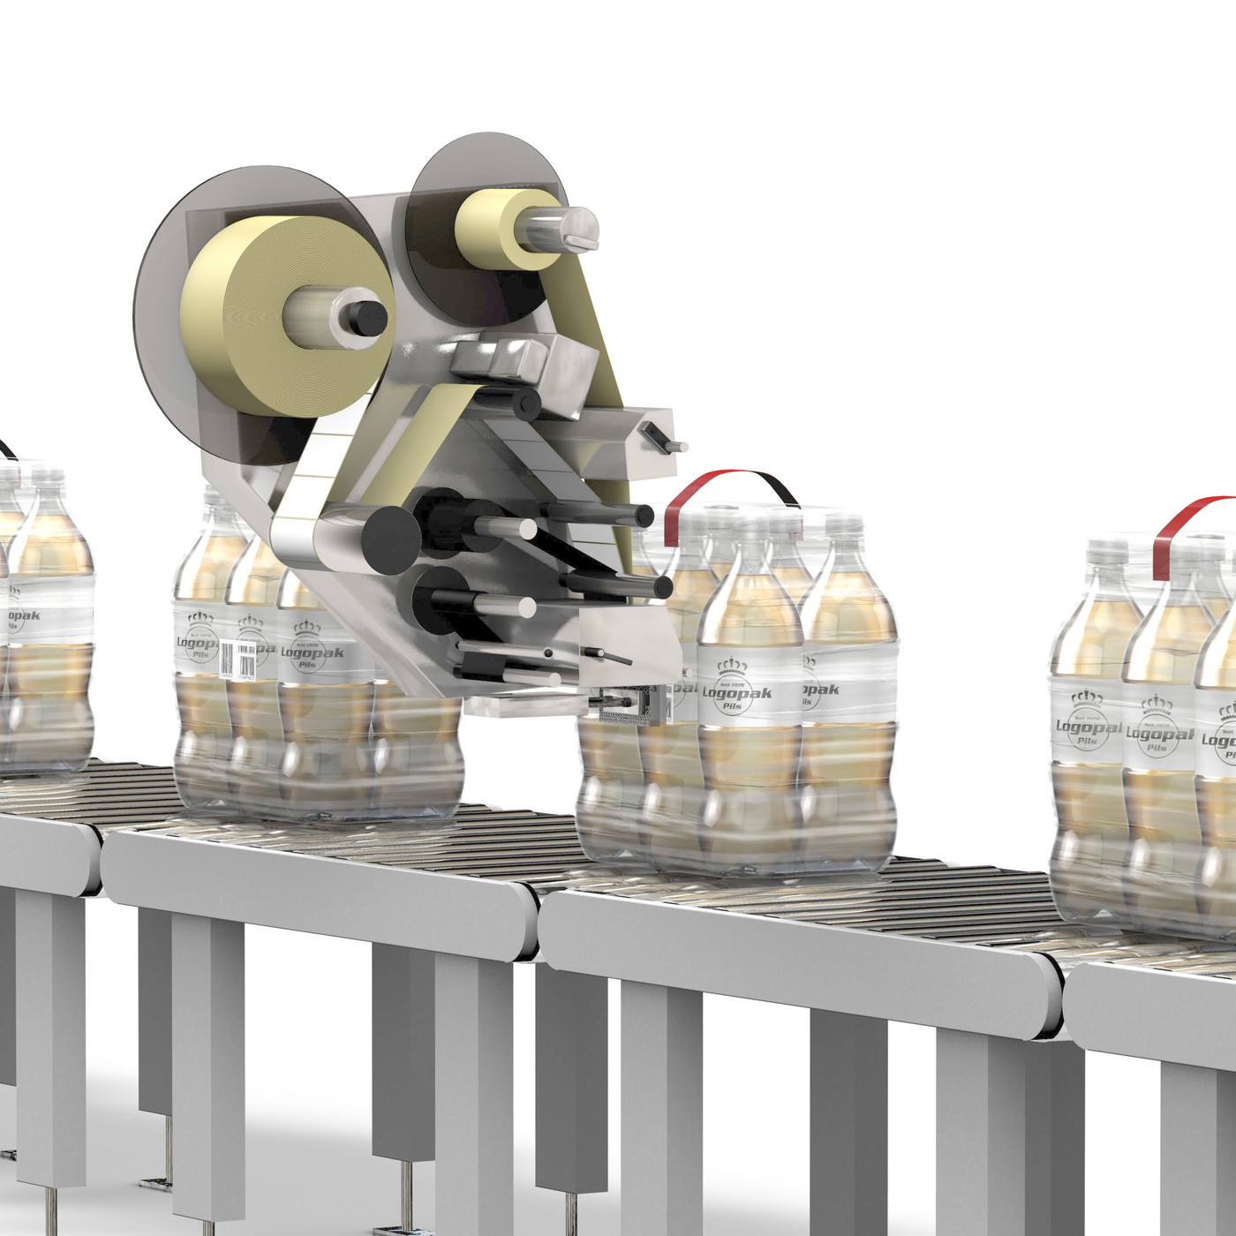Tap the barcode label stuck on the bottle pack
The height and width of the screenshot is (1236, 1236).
tap(237, 658)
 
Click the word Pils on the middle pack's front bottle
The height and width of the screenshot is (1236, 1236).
tap(734, 707)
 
